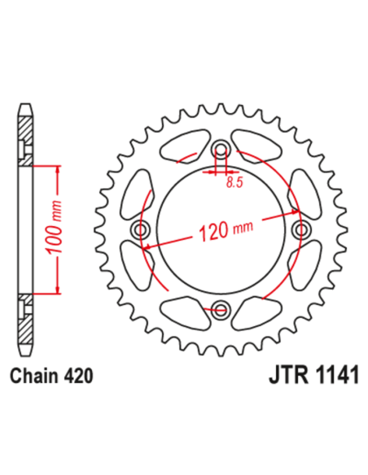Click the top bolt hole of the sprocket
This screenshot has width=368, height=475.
pyautogui.click(x=221, y=150)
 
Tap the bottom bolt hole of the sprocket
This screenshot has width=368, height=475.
pyautogui.click(x=221, y=307)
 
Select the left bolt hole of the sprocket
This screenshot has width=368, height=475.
pyautogui.click(x=143, y=230)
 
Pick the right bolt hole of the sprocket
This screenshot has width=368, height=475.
pyautogui.click(x=301, y=230)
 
